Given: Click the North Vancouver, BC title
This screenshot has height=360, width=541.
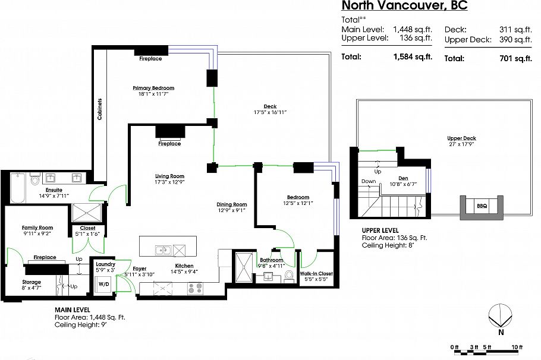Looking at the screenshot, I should (404, 6).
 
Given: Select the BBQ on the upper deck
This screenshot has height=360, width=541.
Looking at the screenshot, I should (482, 206).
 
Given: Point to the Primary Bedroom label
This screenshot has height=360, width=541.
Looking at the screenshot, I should (153, 88).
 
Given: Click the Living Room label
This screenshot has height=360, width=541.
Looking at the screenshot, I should (169, 176).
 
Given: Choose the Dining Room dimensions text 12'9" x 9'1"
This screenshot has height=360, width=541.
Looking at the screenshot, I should (231, 210).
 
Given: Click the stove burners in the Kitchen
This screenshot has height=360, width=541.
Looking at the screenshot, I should (195, 289).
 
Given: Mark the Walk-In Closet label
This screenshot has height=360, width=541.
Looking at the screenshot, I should (317, 273).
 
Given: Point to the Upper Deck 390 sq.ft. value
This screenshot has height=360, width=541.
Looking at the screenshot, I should (515, 39).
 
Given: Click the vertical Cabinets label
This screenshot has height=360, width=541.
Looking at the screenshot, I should (100, 109).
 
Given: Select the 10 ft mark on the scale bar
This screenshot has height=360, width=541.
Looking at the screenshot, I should (517, 346).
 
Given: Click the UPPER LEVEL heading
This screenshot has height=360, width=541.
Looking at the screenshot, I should (380, 230).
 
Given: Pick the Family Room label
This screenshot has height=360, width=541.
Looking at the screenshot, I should (37, 228).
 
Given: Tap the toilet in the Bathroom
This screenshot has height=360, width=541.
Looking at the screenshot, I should (289, 275).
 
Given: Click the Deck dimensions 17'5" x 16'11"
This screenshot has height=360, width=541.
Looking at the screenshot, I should (270, 112).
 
